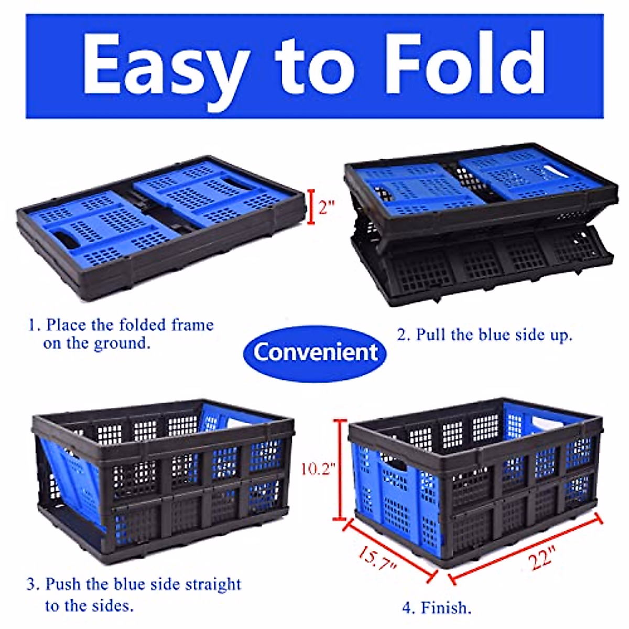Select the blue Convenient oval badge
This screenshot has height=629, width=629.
click(315, 352)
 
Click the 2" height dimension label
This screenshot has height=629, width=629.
click(326, 208)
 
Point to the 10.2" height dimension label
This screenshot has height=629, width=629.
click(318, 468)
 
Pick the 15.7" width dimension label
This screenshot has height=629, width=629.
click(377, 559)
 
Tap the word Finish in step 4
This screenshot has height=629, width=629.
click(445, 608)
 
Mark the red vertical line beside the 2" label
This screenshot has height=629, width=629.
click(311, 207)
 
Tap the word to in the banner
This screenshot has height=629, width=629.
click(314, 66)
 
